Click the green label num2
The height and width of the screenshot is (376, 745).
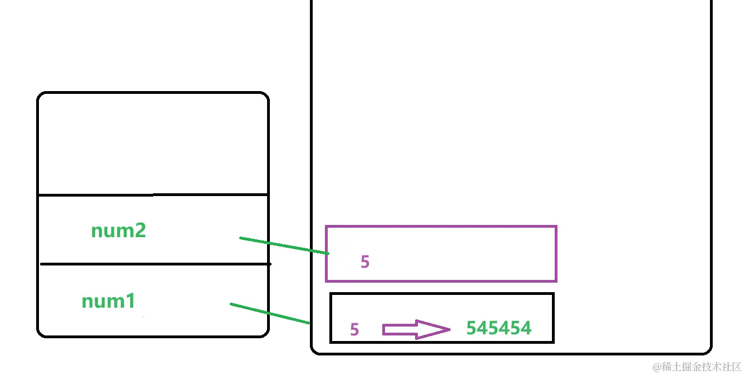tap(119, 230)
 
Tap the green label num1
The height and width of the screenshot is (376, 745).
tap(108, 301)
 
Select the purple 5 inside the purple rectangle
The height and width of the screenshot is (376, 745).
tap(365, 262)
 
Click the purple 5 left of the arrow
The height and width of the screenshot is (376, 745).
tap(354, 330)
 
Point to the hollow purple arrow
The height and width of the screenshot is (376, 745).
tap(415, 329)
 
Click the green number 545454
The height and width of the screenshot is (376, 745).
tap(499, 328)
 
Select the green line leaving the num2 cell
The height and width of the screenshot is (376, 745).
tap(284, 245)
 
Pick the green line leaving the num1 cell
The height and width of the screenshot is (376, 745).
tap(270, 313)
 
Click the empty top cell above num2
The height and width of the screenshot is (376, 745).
tap(153, 144)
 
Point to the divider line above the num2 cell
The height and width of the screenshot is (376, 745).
tap(153, 195)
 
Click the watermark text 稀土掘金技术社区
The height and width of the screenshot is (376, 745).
tap(702, 367)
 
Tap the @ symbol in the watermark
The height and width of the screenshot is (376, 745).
tap(657, 367)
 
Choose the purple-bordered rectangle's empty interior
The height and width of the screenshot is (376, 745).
tap(456, 250)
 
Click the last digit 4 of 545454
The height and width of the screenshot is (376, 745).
tap(526, 328)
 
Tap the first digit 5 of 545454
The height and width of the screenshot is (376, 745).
tap(472, 328)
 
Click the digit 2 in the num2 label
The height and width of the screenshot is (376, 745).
tap(140, 230)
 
